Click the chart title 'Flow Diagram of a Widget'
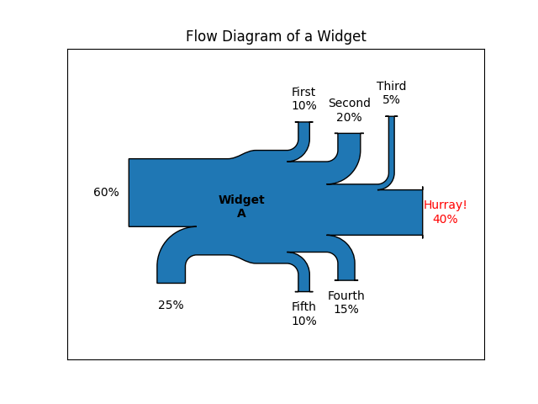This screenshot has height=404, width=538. (276, 36)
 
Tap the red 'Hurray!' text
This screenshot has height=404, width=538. (445, 205)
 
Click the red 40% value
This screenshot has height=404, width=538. (445, 220)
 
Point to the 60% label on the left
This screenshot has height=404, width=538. (106, 193)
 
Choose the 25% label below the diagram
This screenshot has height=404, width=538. (171, 306)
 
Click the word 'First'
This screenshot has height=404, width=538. (303, 93)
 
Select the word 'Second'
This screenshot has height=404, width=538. (349, 104)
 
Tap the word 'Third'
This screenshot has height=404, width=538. (391, 86)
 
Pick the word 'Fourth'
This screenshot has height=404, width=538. (345, 295)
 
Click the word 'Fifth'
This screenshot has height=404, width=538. (303, 306)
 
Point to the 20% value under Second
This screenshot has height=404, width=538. (349, 118)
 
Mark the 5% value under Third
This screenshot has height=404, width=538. (391, 100)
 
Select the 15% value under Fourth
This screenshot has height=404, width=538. (345, 310)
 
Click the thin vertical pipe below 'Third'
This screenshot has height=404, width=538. (391, 147)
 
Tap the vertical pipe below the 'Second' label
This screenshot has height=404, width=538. (349, 147)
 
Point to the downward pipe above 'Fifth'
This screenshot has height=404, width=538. (303, 278)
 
